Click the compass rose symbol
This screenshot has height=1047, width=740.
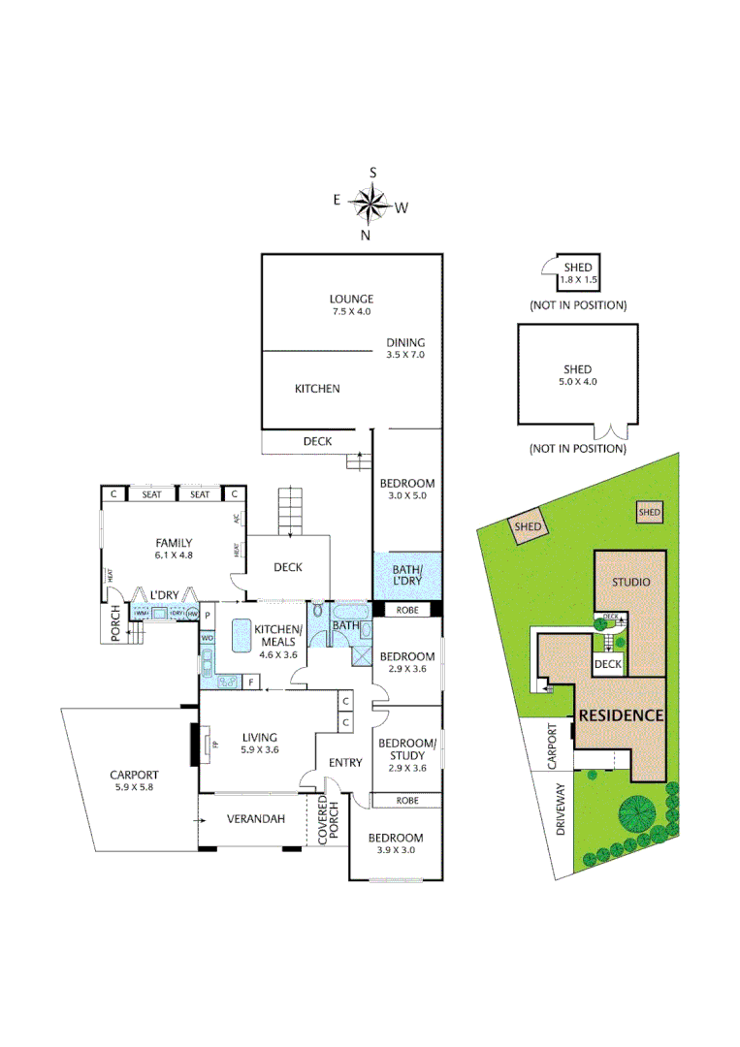pos(370,204)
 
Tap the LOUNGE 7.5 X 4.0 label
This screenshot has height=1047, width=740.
pos(350,305)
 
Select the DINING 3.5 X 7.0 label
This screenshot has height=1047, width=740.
pos(405,349)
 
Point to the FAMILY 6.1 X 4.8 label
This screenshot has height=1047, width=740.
pos(175,550)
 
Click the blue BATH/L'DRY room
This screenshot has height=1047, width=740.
pos(407,577)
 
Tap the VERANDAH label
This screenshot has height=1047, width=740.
pos(256,820)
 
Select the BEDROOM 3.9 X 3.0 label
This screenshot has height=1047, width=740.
pos(396,844)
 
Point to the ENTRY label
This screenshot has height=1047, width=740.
pos(345,763)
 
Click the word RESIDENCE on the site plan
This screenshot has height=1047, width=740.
pos(621,716)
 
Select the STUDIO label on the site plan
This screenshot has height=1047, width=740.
pos(630,583)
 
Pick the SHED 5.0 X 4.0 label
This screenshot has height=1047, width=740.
pos(578,375)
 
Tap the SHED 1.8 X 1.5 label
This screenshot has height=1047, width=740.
pos(577,273)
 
